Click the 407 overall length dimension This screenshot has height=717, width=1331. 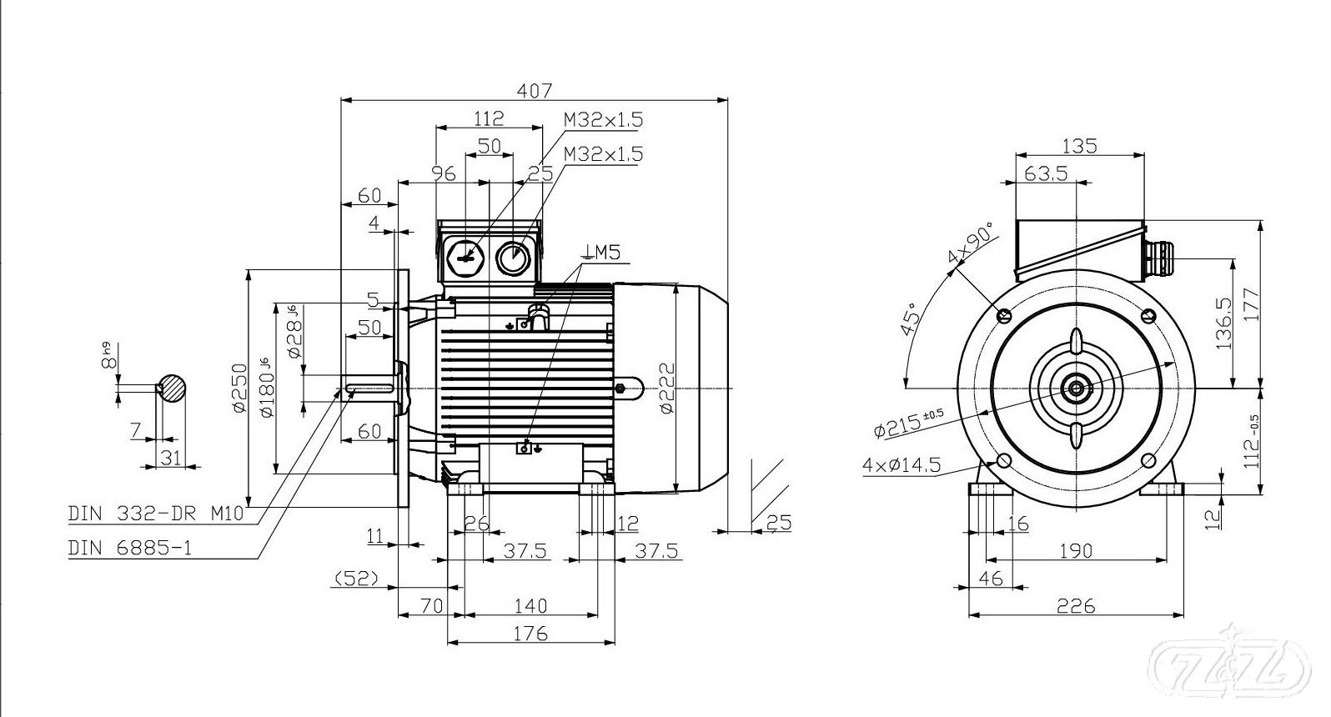[x=535, y=90]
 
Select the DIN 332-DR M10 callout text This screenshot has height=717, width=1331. [x=156, y=514]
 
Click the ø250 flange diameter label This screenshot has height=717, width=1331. [x=239, y=388]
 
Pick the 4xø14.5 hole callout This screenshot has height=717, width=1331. [x=902, y=465]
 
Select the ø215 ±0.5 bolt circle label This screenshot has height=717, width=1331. [x=909, y=424]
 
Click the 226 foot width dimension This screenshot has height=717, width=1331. [x=1077, y=606]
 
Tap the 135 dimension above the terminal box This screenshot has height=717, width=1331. [x=1079, y=147]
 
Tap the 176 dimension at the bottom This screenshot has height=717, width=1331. [x=530, y=633]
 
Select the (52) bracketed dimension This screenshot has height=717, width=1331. [x=356, y=577]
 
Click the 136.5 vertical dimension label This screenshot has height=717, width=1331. [x=1224, y=323]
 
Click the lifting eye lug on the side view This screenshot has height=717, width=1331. [x=630, y=388]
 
